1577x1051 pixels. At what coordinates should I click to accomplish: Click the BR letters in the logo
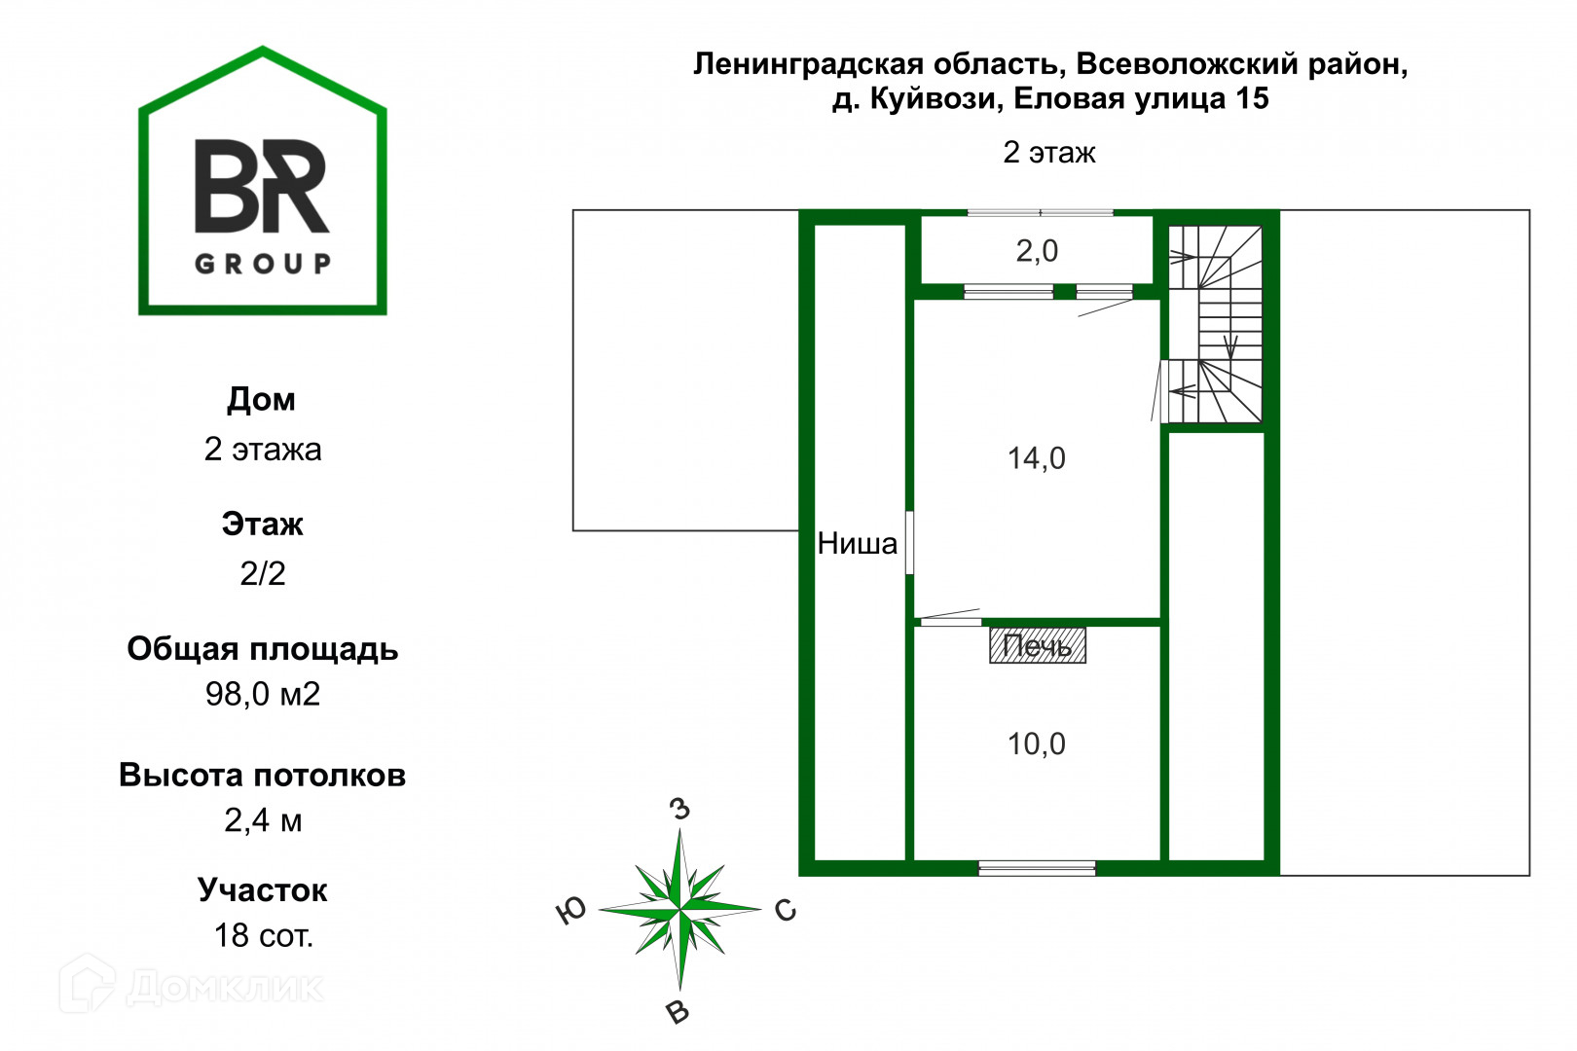(x=262, y=187)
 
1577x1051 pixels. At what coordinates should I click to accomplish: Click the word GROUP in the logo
(x=263, y=264)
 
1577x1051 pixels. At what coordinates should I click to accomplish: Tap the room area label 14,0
(x=1036, y=458)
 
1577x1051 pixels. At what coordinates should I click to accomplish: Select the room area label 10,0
(x=1036, y=744)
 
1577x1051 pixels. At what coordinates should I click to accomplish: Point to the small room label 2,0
(x=1037, y=251)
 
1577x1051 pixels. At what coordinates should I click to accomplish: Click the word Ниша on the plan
(x=857, y=543)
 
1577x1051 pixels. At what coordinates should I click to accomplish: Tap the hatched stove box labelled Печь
(x=1038, y=645)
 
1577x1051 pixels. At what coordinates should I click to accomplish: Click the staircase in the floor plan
(x=1215, y=325)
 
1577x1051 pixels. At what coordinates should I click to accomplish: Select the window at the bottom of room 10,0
(x=1037, y=868)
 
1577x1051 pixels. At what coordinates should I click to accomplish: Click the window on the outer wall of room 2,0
(x=1040, y=212)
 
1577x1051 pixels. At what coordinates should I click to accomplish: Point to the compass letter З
(x=679, y=809)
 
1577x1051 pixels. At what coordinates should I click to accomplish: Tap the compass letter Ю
(x=570, y=911)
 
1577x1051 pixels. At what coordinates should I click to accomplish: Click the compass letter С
(x=786, y=911)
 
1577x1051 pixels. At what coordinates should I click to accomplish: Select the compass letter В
(x=678, y=1012)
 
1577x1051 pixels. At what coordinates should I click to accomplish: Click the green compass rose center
(x=679, y=909)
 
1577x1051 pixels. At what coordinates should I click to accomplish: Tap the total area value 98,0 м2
(x=263, y=695)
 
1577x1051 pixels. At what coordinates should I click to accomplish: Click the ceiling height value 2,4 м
(x=263, y=820)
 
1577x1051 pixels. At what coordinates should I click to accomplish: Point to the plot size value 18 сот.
(x=263, y=935)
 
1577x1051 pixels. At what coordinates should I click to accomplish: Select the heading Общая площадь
(x=263, y=649)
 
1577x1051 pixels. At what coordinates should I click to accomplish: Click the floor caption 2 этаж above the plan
(x=1049, y=153)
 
